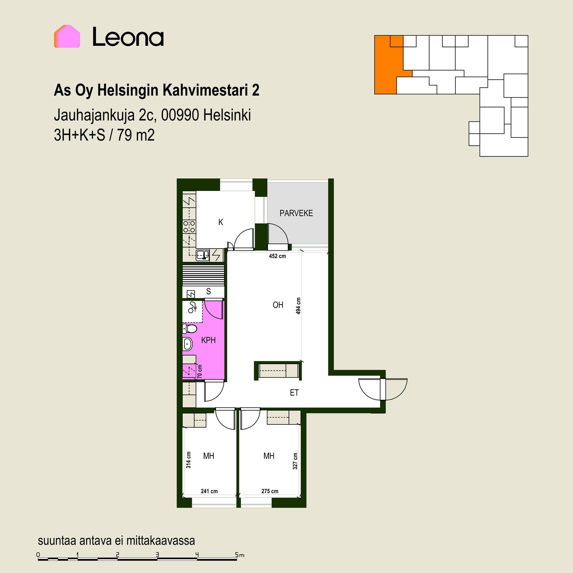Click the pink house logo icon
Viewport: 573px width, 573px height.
pos(67,36)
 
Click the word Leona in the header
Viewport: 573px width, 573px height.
pos(128,37)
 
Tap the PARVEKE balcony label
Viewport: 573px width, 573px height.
pos(296,213)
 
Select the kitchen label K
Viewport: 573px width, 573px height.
pos(221,222)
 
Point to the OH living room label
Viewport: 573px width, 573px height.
pos(278,305)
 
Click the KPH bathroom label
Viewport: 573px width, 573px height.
pos(208,340)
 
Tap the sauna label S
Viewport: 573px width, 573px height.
pos(208,291)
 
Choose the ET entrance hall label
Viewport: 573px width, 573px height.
pos(294,392)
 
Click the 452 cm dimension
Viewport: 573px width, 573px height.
pos(277,256)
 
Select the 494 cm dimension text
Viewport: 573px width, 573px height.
pos(298,306)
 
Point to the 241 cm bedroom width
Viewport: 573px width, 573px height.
pos(209,491)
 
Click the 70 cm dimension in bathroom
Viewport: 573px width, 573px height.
pos(200,372)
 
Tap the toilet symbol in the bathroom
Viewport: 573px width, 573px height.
pos(190,329)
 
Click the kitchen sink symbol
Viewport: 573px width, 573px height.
pos(203,255)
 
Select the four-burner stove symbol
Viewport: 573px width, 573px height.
pos(189,227)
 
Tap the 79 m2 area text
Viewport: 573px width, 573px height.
pos(136,135)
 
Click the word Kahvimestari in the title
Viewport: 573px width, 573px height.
pos(203,90)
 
